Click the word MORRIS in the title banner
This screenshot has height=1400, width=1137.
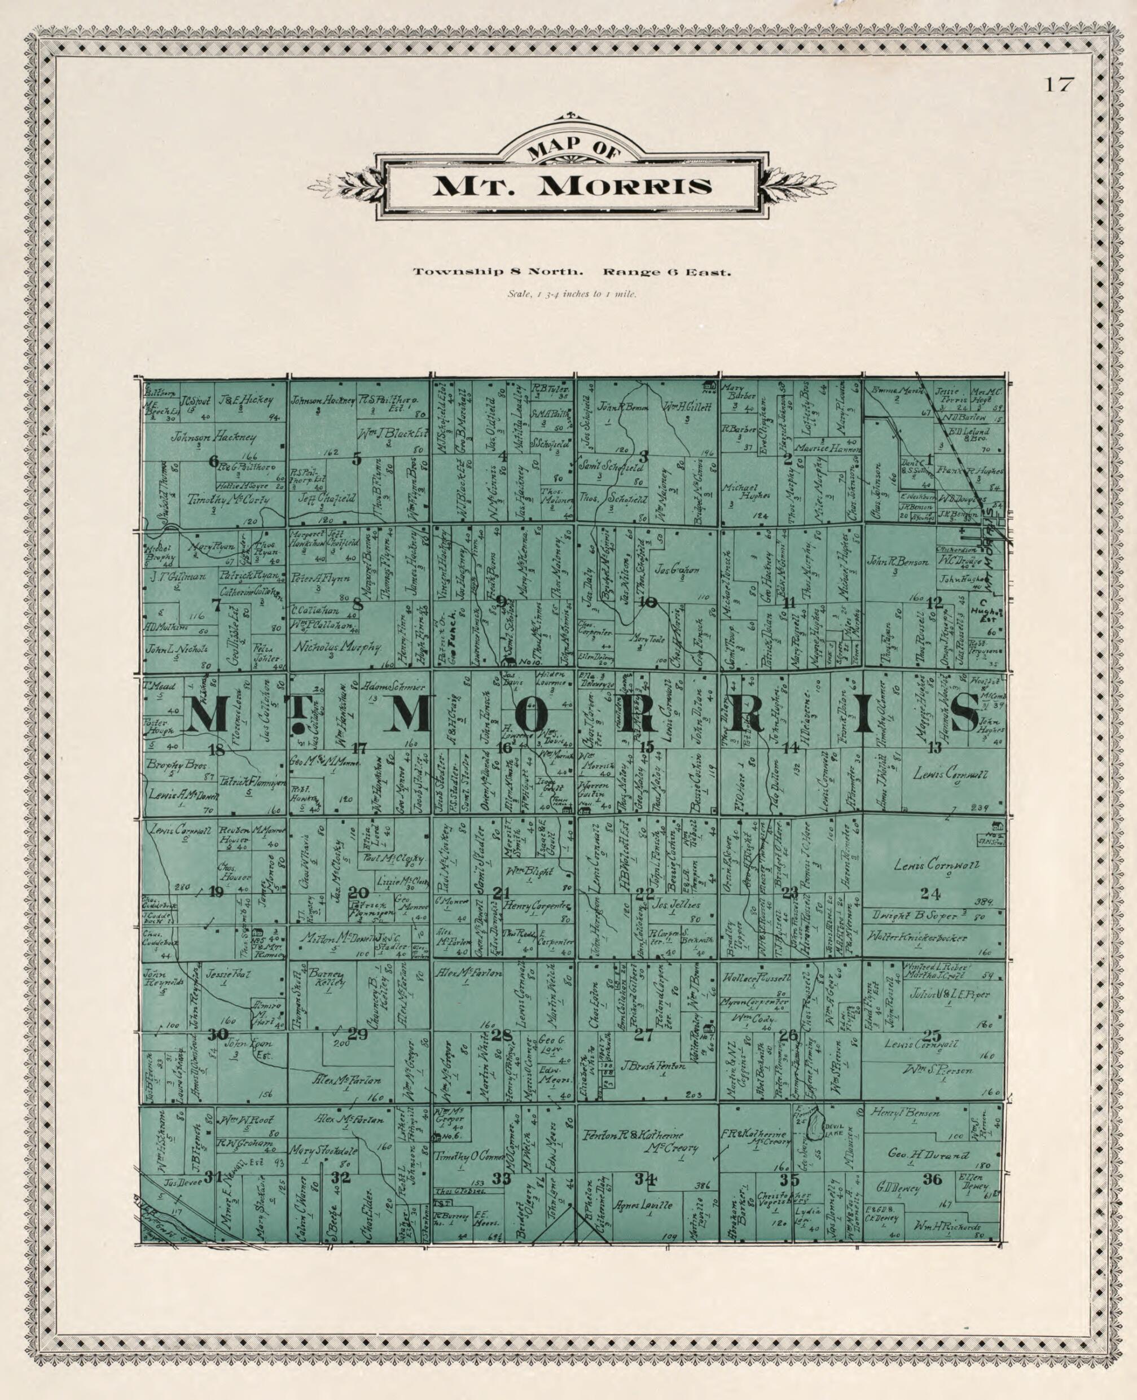[x=623, y=187]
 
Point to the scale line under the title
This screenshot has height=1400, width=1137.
[x=572, y=294]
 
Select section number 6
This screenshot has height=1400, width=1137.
[x=213, y=461]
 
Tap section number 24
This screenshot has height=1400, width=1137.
[x=930, y=893]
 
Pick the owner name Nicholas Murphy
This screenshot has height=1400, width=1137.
[x=337, y=647]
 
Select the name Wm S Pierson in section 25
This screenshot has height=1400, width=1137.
[x=938, y=1070]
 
